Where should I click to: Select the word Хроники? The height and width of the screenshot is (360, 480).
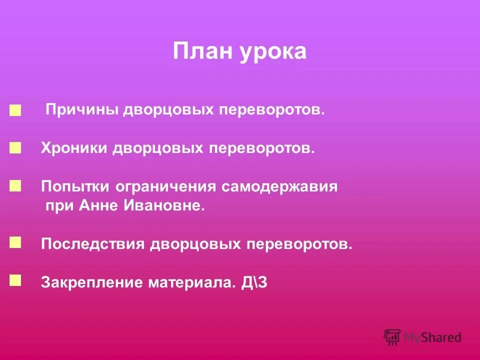[74, 148]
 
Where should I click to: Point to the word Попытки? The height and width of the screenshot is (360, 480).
[76, 187]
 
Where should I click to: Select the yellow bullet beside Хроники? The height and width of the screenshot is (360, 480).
[15, 147]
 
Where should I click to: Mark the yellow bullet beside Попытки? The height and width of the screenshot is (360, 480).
[15, 186]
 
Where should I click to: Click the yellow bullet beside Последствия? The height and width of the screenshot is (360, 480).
[15, 242]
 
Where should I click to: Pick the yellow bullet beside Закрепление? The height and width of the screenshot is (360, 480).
[15, 280]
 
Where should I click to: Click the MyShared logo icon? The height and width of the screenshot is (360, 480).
[392, 337]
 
